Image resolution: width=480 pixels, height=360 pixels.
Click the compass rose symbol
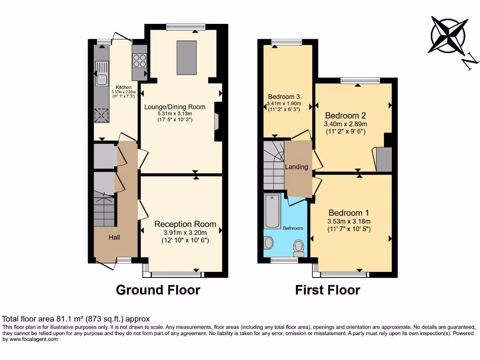tap(449, 35)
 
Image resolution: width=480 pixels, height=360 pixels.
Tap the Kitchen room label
tap(124, 87)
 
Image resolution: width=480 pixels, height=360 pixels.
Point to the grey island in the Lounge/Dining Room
tap(186, 57)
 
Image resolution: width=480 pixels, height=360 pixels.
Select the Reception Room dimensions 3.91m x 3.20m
tap(185, 232)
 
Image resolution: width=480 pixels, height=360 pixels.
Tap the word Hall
tap(114, 237)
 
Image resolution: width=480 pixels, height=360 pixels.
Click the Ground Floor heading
tap(158, 290)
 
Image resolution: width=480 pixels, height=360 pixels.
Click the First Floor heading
tap(328, 290)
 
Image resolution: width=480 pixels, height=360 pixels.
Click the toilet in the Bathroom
tap(299, 247)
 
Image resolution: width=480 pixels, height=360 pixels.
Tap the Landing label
tap(297, 167)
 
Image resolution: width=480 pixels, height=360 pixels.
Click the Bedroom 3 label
tap(284, 97)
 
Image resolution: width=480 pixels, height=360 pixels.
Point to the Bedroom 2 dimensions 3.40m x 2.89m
tap(345, 124)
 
